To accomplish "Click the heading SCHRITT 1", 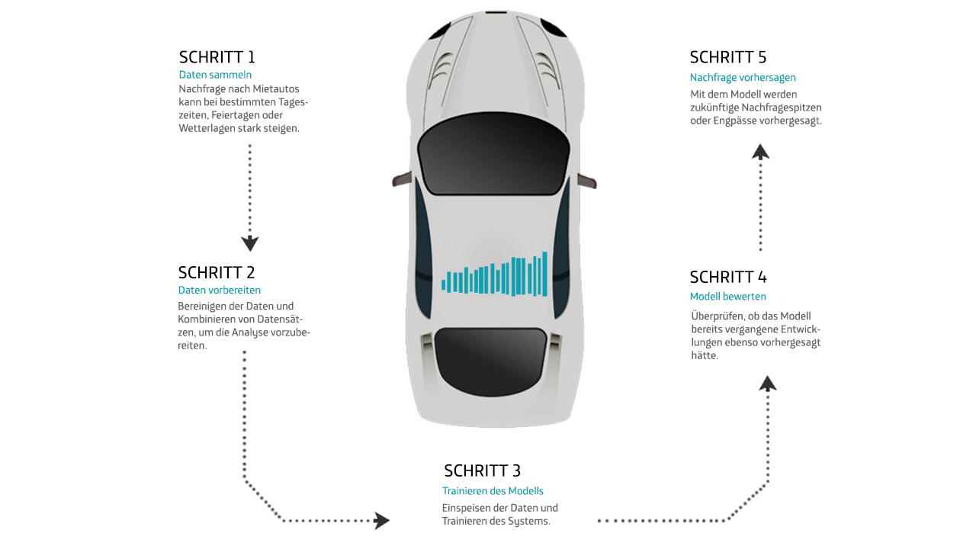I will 217,57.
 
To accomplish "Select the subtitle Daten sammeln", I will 215,75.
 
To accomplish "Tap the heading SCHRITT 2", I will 217,272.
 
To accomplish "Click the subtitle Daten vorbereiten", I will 220,290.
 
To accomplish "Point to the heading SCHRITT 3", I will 482,470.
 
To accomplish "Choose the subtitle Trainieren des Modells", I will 493,491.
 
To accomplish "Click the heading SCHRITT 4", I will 727,277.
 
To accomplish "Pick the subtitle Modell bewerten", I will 727,296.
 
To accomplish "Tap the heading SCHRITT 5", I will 727,57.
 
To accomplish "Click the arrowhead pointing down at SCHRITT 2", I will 249,244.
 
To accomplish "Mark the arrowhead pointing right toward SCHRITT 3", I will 380,521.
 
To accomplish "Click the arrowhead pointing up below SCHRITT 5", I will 760,152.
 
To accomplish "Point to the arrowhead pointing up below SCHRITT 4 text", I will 768,384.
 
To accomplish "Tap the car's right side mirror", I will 587,181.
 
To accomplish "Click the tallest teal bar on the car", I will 544,274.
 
